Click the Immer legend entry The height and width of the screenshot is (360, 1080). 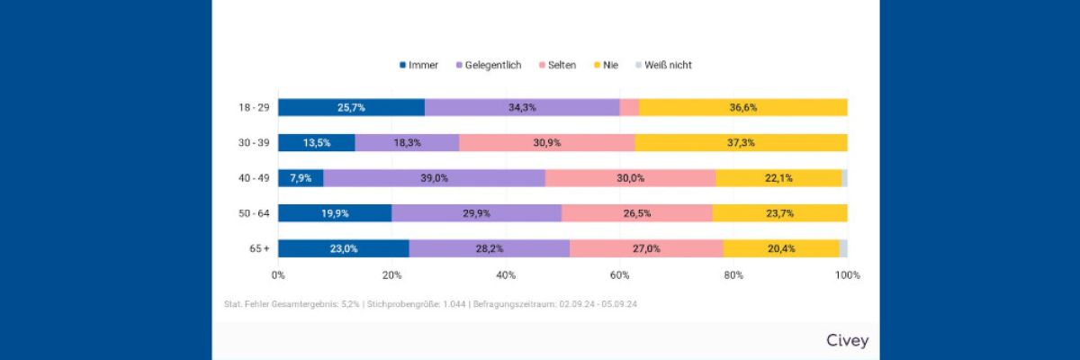pyautogui.click(x=418, y=65)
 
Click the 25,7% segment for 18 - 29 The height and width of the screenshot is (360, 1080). pyautogui.click(x=351, y=107)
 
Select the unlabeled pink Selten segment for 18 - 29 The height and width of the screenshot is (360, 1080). pyautogui.click(x=629, y=107)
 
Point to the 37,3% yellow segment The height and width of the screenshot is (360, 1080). pyautogui.click(x=741, y=142)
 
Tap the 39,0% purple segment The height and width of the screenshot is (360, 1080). pyautogui.click(x=434, y=178)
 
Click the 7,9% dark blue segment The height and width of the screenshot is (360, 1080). pyautogui.click(x=301, y=178)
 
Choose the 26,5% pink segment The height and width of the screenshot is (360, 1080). pyautogui.click(x=636, y=213)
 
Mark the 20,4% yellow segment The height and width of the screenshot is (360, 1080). pyautogui.click(x=780, y=248)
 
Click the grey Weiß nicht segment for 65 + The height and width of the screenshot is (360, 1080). pyautogui.click(x=843, y=248)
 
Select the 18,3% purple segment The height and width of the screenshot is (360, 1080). pyautogui.click(x=407, y=142)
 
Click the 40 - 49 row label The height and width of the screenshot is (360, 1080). pyautogui.click(x=254, y=178)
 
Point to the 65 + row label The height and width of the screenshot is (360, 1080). pyautogui.click(x=259, y=248)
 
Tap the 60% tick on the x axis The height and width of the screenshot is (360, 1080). pyautogui.click(x=619, y=274)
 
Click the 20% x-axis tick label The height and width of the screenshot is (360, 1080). pyautogui.click(x=391, y=274)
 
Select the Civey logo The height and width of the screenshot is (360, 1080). pyautogui.click(x=847, y=341)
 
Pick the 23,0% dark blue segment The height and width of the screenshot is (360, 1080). pyautogui.click(x=343, y=248)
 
